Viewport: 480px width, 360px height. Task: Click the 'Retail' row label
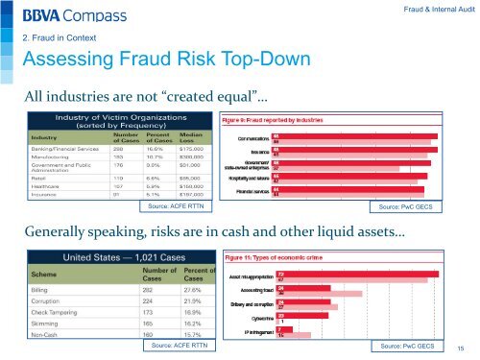39,177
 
